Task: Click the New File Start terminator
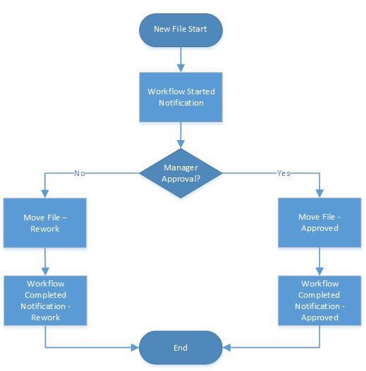click(182, 29)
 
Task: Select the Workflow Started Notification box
click(182, 97)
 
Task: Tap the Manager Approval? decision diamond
click(182, 172)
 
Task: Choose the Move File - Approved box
click(318, 222)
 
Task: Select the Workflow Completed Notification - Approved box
click(318, 301)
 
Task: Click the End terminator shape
click(182, 348)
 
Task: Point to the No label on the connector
click(79, 172)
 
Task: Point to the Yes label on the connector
click(283, 172)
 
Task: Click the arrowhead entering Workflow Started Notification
click(182, 69)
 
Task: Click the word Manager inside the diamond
click(181, 168)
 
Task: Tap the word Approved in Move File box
click(319, 228)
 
